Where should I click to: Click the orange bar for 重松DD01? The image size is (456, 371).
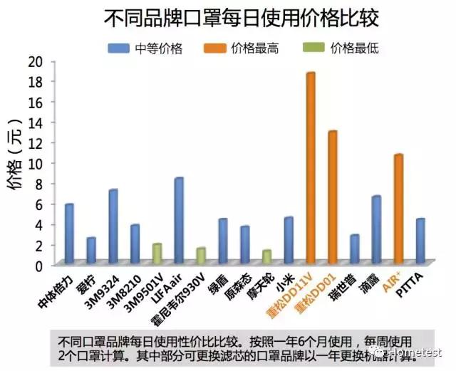[x=332, y=197]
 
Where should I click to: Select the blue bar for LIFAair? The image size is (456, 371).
[x=179, y=220]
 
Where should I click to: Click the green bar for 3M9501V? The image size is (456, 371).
[x=157, y=253]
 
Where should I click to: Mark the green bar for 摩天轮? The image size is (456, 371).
[x=266, y=256]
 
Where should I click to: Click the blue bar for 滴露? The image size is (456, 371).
[x=376, y=229]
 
